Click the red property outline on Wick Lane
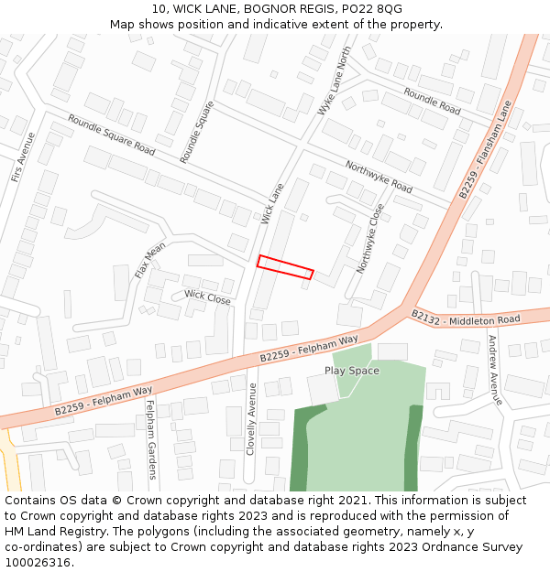click(x=285, y=266)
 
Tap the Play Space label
click(x=351, y=371)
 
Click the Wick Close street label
click(x=207, y=297)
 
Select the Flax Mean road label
click(x=150, y=261)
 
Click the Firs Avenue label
click(x=23, y=157)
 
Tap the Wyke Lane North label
click(x=334, y=81)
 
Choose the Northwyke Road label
click(x=379, y=176)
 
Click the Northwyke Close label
click(x=370, y=239)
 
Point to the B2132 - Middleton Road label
click(x=466, y=318)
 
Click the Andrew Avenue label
click(x=494, y=370)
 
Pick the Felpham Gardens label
click(x=151, y=439)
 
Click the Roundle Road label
click(x=432, y=101)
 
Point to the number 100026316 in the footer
click(x=38, y=562)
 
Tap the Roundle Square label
click(x=196, y=132)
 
